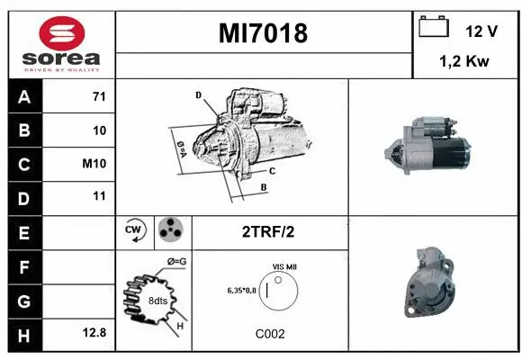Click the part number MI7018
[264, 33]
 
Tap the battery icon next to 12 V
[435, 28]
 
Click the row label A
[23, 97]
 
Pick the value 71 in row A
[99, 96]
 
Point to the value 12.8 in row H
[94, 332]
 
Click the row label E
[23, 232]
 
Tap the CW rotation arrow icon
[135, 231]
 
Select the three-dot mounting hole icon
[169, 231]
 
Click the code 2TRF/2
[269, 231]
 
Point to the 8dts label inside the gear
[157, 301]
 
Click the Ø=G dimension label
[176, 262]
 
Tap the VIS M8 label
[284, 266]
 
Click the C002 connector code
[270, 333]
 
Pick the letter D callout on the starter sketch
[198, 94]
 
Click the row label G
[23, 300]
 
